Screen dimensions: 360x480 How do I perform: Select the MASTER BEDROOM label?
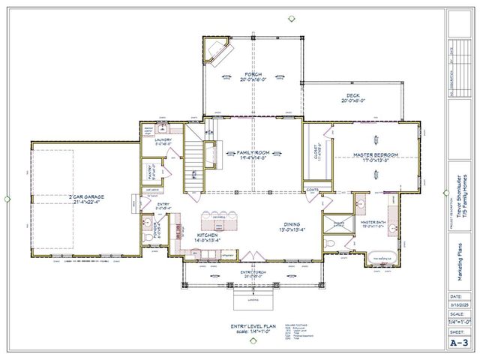[376, 154]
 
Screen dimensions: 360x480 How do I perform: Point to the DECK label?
[352, 96]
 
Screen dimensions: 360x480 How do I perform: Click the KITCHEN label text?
[207, 235]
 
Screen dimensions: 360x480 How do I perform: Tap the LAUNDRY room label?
[163, 139]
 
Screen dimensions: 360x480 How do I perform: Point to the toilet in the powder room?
[145, 233]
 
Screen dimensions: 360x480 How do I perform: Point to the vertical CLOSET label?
[319, 153]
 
